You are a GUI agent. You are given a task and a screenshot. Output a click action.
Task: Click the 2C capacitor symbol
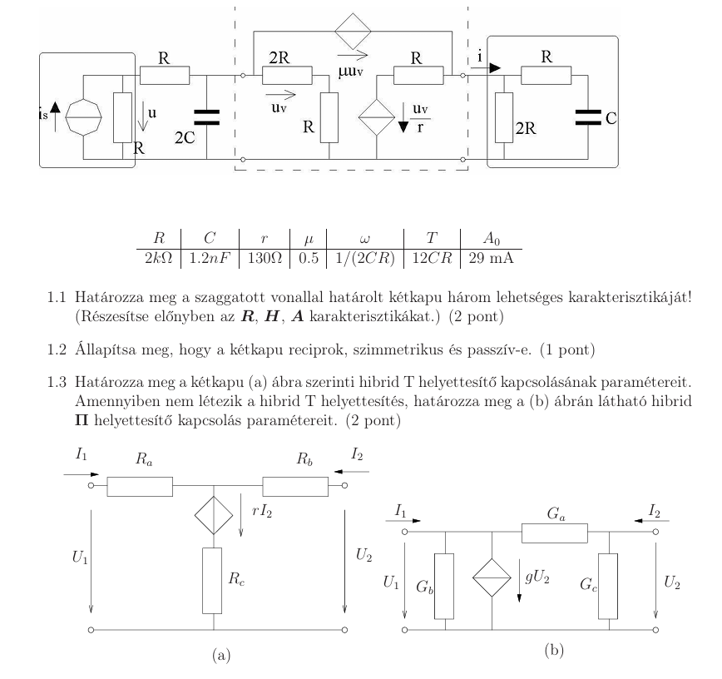[x=207, y=117]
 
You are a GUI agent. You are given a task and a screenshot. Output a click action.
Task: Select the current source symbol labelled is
[x=83, y=117]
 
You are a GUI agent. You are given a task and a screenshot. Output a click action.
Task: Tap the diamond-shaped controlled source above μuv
[x=353, y=32]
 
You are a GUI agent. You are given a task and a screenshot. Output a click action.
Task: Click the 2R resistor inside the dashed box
[x=287, y=76]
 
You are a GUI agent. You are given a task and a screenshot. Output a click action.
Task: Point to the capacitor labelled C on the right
[x=588, y=117]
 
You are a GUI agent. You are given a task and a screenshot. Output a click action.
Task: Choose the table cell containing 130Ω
[x=265, y=259]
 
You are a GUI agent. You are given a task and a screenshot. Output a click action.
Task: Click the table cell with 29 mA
[x=491, y=259]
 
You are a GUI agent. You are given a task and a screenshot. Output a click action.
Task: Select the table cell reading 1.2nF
[x=210, y=259]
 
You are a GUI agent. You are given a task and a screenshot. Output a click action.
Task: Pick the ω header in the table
[x=364, y=239]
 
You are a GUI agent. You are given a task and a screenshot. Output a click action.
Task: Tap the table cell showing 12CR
[x=432, y=259]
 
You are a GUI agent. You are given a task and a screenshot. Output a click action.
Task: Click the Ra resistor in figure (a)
[x=140, y=487]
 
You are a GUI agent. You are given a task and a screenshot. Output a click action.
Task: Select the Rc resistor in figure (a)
[x=212, y=581]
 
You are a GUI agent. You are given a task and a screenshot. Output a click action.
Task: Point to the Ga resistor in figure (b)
[x=554, y=533]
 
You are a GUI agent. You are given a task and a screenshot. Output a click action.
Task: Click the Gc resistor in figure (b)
[x=608, y=587]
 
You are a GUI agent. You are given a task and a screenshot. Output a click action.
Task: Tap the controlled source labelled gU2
[x=492, y=577]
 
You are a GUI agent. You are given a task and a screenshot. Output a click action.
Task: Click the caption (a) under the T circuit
[x=221, y=655]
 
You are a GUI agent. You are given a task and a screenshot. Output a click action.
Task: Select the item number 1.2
[x=57, y=350]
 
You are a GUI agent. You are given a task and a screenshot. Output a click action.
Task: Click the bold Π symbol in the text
[x=82, y=420]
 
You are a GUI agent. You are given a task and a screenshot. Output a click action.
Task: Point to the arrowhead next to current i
[x=495, y=68]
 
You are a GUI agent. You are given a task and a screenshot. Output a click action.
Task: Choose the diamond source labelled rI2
[x=214, y=515]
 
